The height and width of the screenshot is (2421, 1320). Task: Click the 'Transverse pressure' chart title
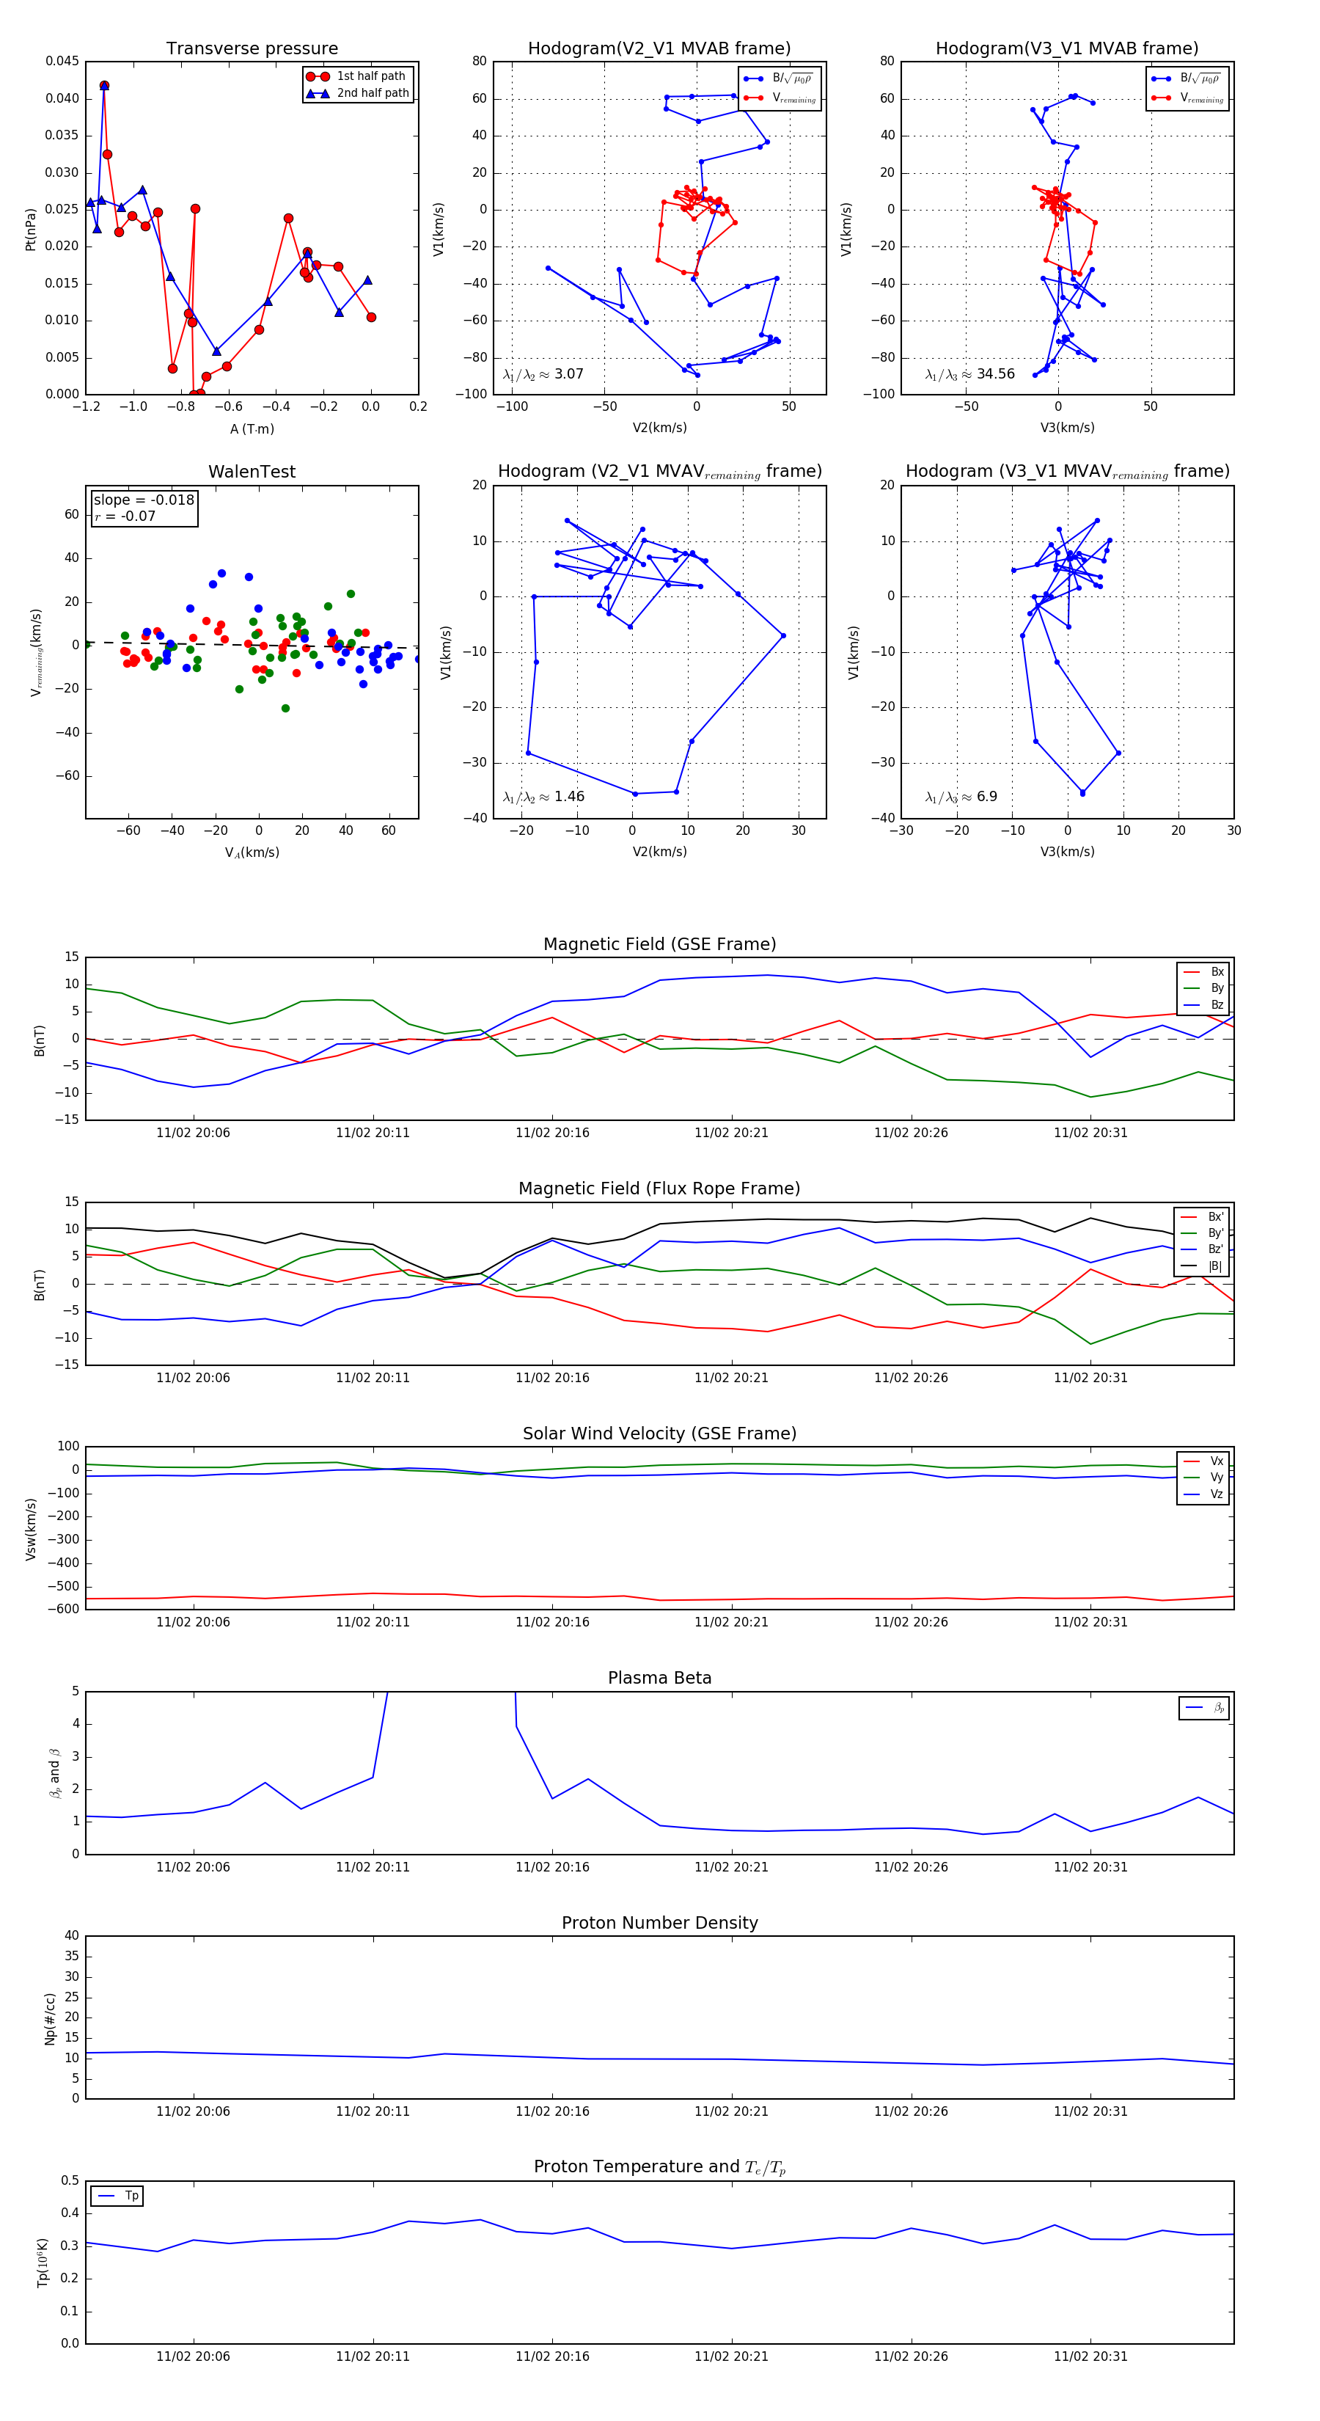[x=252, y=49]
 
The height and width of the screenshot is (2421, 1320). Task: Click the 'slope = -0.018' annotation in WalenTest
[x=144, y=500]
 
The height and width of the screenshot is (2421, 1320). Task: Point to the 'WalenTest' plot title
[x=252, y=472]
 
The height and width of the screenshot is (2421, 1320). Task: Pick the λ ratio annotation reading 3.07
[x=568, y=374]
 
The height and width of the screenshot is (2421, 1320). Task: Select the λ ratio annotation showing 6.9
[x=986, y=797]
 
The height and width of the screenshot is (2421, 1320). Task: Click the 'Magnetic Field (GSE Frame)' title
[x=659, y=944]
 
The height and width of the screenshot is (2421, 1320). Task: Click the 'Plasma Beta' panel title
[x=659, y=1679]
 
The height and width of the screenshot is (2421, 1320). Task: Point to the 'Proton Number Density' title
[x=659, y=1923]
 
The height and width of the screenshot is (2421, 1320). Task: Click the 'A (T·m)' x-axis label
[x=252, y=429]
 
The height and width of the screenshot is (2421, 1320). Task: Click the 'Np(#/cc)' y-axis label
[x=51, y=2017]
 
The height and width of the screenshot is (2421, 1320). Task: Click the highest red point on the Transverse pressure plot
[x=104, y=86]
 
